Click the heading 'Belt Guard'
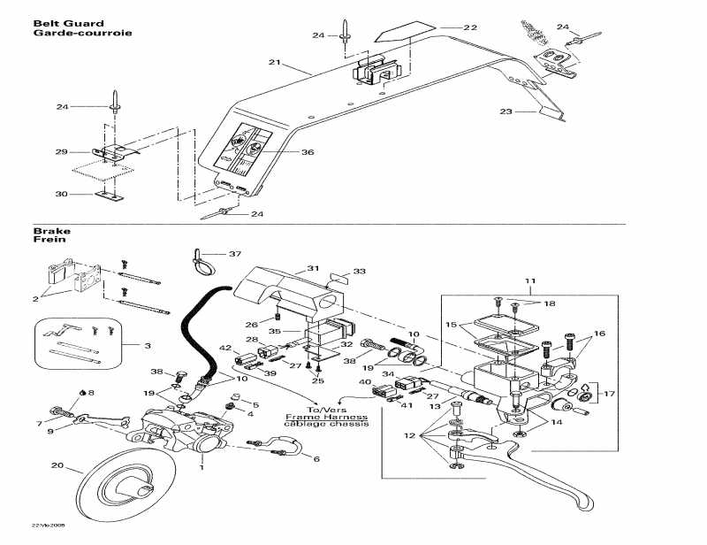coord(68,23)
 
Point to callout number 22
coord(469,27)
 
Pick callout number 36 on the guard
coord(307,152)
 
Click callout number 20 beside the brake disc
coord(57,465)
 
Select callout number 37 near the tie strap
coord(234,254)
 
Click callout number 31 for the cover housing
coord(312,268)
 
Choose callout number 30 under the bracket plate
coord(61,194)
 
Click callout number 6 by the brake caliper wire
coord(316,458)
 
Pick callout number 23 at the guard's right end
coord(506,111)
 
